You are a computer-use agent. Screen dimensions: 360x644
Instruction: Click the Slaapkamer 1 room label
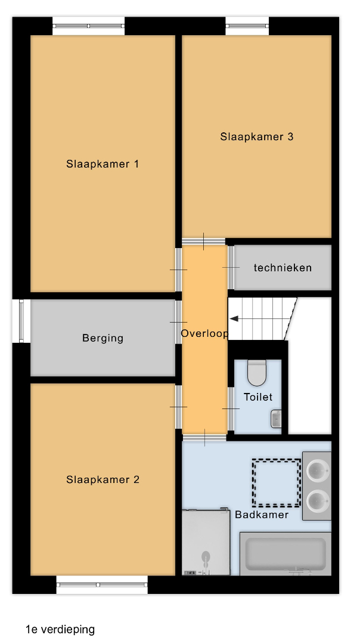tap(103, 164)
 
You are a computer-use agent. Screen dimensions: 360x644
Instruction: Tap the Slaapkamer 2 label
tap(103, 479)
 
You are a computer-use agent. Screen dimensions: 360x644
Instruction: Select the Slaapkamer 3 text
tap(256, 137)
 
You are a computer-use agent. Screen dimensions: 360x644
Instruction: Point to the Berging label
tap(103, 338)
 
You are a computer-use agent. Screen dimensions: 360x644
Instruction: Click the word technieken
tap(283, 268)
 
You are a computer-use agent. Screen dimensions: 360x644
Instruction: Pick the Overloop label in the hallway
tap(204, 333)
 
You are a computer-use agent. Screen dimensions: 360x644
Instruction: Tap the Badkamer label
tap(262, 515)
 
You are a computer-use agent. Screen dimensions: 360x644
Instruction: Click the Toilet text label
tap(258, 397)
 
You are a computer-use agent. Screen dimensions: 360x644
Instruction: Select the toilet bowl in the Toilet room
tap(257, 373)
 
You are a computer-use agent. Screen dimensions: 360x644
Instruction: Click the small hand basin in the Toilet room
tap(276, 419)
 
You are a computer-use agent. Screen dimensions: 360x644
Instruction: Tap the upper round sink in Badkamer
tap(318, 470)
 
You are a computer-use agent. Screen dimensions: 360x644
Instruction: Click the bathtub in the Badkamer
tap(285, 553)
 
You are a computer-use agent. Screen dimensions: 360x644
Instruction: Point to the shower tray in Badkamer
tap(206, 542)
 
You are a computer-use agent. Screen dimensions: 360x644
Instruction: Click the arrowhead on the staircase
tap(234, 318)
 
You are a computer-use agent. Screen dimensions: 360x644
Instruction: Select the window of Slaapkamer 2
tap(102, 585)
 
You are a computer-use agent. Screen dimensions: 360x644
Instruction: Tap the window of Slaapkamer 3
tap(247, 26)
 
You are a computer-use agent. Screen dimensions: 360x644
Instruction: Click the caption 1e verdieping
tap(60, 629)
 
